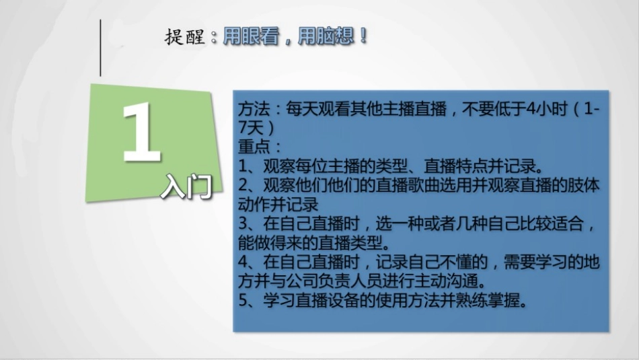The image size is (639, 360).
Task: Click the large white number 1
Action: pyautogui.click(x=141, y=133)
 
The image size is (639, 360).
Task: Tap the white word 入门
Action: pyautogui.click(x=187, y=186)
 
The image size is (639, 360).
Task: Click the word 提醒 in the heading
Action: pyautogui.click(x=184, y=37)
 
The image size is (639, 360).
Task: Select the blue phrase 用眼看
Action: pyautogui.click(x=251, y=36)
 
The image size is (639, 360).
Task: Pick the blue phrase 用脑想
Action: pyautogui.click(x=326, y=36)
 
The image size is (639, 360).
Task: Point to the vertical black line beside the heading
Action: pyautogui.click(x=100, y=48)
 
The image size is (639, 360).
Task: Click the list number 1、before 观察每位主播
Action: pyautogui.click(x=250, y=166)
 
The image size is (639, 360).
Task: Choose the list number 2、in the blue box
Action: pyautogui.click(x=250, y=185)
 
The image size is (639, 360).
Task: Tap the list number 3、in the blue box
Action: pyautogui.click(x=250, y=223)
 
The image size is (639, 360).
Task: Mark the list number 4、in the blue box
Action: pyautogui.click(x=250, y=262)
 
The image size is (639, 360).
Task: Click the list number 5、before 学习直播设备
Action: pyautogui.click(x=250, y=301)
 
